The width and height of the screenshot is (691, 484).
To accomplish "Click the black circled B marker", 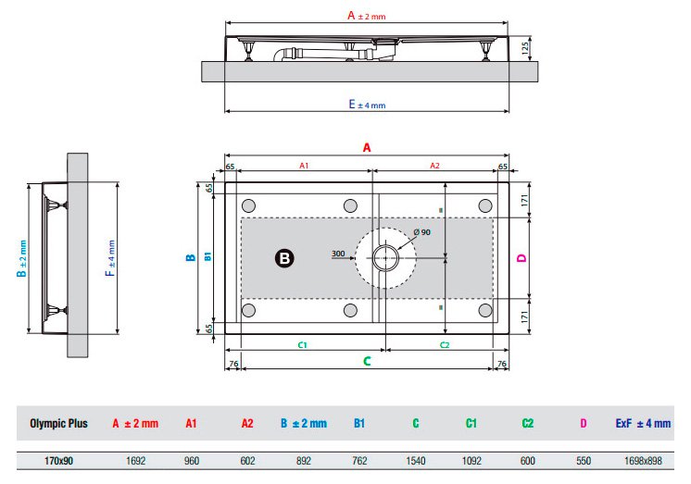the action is pyautogui.click(x=284, y=258).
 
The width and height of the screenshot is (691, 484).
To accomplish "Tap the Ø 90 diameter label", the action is pyautogui.click(x=421, y=232).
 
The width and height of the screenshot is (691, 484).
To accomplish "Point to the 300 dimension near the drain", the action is pyautogui.click(x=338, y=254).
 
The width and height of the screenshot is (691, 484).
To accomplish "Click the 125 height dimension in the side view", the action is pyautogui.click(x=525, y=48).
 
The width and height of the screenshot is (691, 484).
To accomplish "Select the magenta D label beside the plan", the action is pyautogui.click(x=521, y=258).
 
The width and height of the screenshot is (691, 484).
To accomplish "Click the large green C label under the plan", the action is pyautogui.click(x=367, y=361).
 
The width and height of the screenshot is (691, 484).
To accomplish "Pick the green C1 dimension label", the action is pyautogui.click(x=302, y=345).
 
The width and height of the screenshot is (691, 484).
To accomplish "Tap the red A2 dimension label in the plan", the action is pyautogui.click(x=434, y=166).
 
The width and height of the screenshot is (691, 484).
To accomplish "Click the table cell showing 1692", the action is pyautogui.click(x=135, y=461).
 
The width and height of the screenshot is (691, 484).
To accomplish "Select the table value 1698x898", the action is pyautogui.click(x=643, y=461).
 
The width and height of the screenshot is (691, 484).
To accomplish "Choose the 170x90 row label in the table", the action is pyautogui.click(x=58, y=461).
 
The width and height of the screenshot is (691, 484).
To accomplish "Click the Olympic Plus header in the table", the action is pyautogui.click(x=58, y=423).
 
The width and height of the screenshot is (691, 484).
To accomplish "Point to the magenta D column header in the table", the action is pyautogui.click(x=583, y=423).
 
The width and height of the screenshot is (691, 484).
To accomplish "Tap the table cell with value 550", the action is pyautogui.click(x=583, y=461).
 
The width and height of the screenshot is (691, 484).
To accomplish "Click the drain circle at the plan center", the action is pyautogui.click(x=385, y=258).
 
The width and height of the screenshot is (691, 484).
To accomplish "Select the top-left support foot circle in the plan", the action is pyautogui.click(x=248, y=205).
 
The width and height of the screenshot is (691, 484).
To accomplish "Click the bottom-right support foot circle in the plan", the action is pyautogui.click(x=485, y=310).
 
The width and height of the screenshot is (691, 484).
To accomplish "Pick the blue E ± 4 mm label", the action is pyautogui.click(x=367, y=105).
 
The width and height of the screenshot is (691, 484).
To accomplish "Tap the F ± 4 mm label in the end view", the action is pyautogui.click(x=110, y=258).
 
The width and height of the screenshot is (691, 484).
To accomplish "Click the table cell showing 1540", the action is pyautogui.click(x=415, y=461).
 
